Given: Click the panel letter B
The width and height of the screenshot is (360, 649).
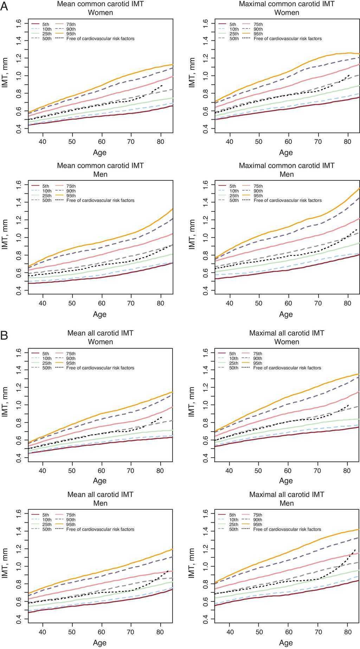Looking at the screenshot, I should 4,335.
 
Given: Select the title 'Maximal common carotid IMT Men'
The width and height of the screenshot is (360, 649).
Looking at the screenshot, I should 287,170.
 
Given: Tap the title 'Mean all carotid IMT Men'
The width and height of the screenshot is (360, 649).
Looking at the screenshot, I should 100,499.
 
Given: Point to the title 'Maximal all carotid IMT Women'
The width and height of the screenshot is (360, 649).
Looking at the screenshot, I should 287,337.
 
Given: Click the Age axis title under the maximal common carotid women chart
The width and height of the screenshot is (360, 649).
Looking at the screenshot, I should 286,153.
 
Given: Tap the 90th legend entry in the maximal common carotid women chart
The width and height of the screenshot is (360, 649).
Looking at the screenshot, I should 258,29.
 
